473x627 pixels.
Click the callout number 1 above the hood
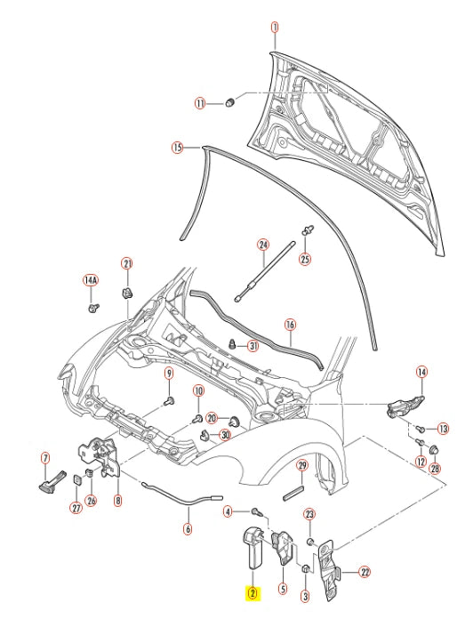(275, 28)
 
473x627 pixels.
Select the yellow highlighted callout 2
(253, 593)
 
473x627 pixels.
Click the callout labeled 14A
(90, 280)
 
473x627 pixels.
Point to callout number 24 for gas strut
(262, 245)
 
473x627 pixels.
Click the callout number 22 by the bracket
(365, 572)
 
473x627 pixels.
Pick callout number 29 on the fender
(301, 466)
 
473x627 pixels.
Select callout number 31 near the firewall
(253, 346)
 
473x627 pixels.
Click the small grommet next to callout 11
(229, 102)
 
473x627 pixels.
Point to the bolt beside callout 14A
(93, 307)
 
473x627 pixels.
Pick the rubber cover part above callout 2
(253, 548)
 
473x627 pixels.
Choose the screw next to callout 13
(417, 429)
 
